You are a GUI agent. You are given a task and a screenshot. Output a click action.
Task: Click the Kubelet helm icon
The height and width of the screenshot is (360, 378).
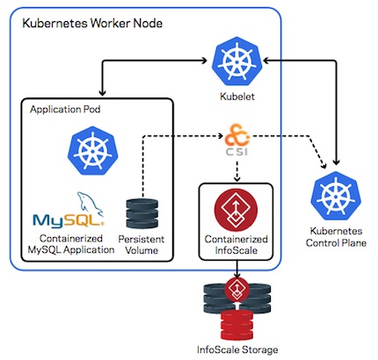236,62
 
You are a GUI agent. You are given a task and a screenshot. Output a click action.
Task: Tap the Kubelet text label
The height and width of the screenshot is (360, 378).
237,97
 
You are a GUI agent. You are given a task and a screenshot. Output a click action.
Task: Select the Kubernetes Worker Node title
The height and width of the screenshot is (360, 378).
92,23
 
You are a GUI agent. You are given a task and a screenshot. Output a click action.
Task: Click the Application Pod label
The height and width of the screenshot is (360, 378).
65,110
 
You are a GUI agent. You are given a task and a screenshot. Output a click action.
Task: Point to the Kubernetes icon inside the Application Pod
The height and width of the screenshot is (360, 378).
92,151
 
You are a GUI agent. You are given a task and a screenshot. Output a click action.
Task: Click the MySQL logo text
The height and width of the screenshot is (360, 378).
69,221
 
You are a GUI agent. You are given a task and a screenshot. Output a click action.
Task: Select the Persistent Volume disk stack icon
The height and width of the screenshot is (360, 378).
142,213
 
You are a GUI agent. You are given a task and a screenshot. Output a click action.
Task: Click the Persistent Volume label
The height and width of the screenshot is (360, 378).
142,245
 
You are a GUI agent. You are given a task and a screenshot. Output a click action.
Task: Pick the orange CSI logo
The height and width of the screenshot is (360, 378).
237,140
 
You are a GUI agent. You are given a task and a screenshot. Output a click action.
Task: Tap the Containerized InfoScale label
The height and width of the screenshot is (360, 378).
236,245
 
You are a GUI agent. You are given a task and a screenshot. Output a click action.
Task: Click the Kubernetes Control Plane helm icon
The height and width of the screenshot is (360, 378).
336,197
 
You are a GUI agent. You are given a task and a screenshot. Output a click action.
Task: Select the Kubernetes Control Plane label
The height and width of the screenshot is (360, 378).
336,237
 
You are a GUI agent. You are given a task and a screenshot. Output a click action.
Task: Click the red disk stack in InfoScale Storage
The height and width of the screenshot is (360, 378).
236,325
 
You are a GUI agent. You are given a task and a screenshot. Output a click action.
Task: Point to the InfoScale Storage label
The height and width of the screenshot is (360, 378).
237,349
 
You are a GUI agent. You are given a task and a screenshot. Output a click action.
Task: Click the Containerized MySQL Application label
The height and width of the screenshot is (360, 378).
71,244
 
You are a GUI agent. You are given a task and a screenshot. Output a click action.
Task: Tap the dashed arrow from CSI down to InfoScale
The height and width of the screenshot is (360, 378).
237,171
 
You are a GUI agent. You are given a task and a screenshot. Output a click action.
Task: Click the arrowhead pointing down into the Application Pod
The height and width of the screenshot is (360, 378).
102,92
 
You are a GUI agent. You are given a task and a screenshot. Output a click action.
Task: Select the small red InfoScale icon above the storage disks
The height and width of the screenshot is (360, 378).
237,289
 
